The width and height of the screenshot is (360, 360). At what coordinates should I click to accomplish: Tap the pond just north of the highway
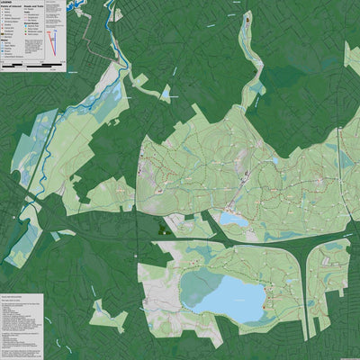(x=232, y=219)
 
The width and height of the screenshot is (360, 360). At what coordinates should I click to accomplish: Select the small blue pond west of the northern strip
(x=166, y=92)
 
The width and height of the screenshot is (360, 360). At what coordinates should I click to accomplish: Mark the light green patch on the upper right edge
(x=352, y=58)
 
